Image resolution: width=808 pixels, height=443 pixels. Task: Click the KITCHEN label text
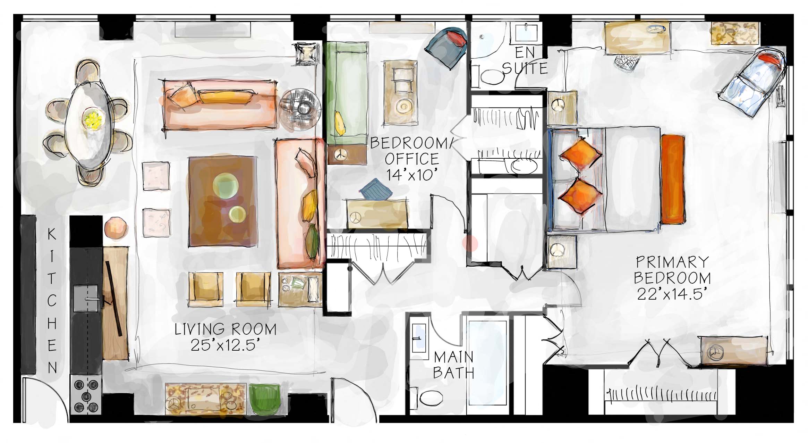tap(52, 301)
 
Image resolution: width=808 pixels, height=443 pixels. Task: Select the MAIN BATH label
tap(453, 365)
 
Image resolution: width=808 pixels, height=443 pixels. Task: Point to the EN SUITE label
tap(525, 61)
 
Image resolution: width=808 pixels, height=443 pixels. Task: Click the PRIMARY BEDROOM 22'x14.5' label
tap(672, 278)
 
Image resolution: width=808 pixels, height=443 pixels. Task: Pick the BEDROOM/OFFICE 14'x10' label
tap(411, 159)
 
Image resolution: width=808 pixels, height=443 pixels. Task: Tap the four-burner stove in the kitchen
tap(86, 395)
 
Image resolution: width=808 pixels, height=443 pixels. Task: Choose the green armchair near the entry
tap(265, 399)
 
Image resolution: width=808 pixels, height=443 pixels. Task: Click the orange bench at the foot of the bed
tap(673, 179)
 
